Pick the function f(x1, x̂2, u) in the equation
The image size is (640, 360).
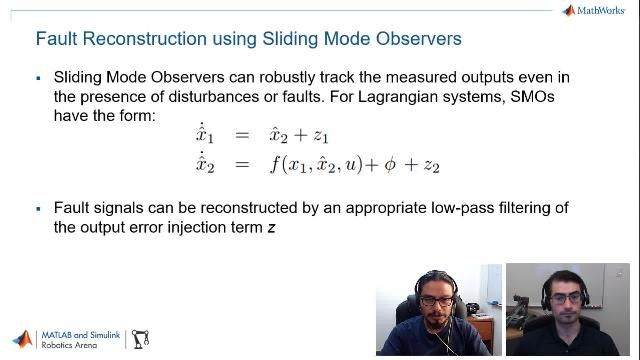[x=319, y=165]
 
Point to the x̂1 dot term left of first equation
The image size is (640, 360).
[x=205, y=136]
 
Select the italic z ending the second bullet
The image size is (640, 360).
[x=271, y=227]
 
